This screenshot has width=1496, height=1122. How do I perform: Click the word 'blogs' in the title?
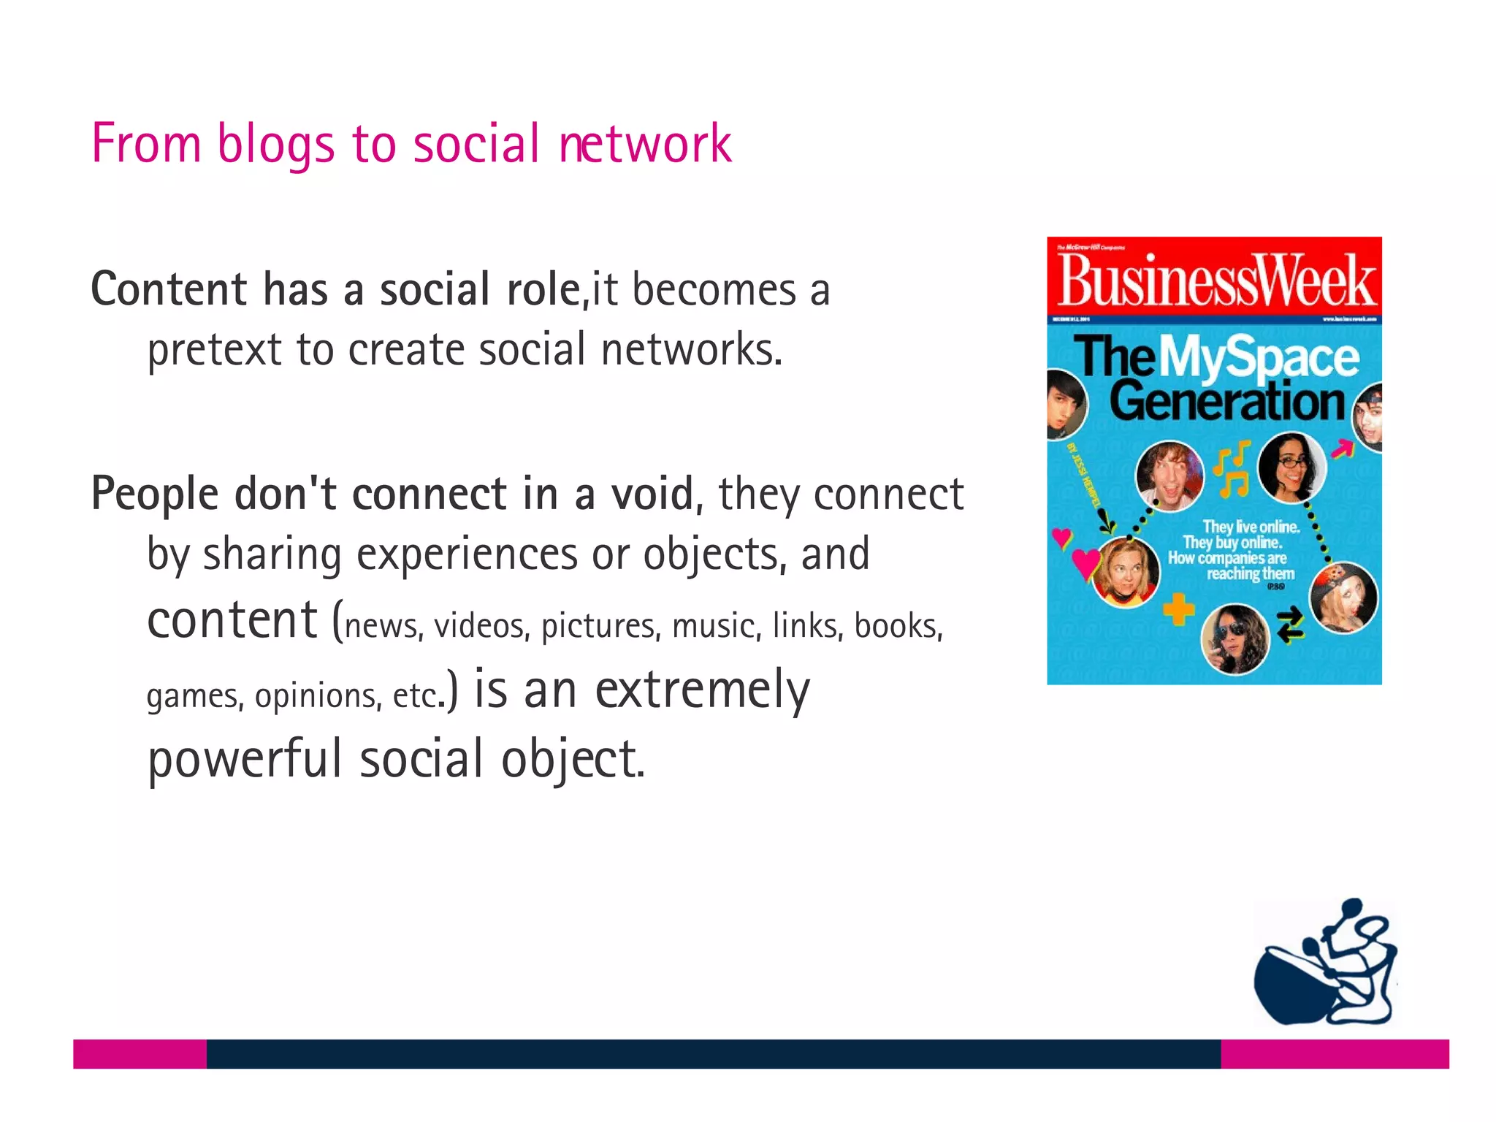pos(276,143)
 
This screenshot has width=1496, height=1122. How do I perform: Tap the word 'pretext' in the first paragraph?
pos(214,349)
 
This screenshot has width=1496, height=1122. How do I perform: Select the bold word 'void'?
pos(652,494)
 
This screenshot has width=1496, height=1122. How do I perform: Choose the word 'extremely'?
pos(702,690)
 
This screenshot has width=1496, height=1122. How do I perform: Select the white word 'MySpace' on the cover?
pos(1259,358)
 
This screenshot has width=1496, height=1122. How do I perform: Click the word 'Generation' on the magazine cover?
pos(1226,401)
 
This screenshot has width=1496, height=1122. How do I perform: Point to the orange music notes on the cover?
pos(1232,470)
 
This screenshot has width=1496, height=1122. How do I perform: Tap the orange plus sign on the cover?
pos(1178,609)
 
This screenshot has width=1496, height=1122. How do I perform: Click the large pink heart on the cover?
pos(1085,564)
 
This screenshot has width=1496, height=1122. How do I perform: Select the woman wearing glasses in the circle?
pos(1291,467)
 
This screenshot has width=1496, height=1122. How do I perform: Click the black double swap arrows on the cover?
pos(1290,624)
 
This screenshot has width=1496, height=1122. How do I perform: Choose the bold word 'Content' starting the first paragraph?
pos(169,289)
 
